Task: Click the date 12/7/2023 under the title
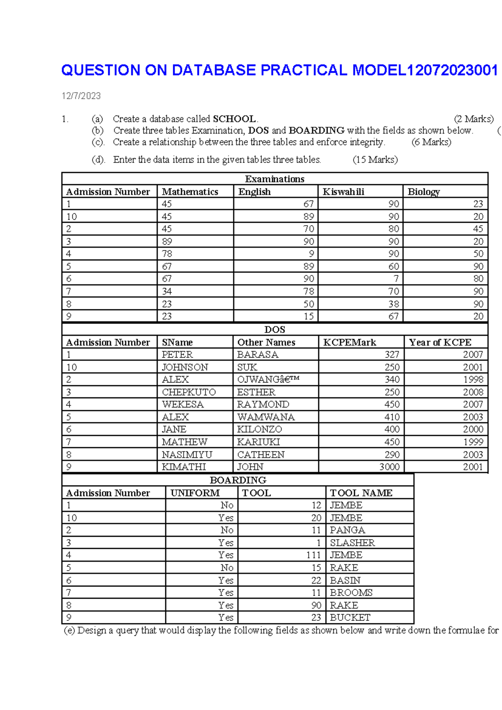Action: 81,96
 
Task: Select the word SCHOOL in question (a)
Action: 234,119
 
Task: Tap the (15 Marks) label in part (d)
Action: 375,159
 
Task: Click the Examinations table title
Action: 275,179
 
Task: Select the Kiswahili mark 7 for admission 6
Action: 396,279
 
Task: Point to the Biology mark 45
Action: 478,229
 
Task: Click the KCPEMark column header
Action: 350,342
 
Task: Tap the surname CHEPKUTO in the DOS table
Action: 189,392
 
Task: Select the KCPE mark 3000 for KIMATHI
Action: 389,467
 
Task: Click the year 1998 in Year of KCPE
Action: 473,380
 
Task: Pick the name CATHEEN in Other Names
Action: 261,455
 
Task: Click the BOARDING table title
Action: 238,480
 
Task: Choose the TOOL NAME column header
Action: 361,493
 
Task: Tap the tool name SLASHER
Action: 352,543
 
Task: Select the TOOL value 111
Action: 313,555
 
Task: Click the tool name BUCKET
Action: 350,617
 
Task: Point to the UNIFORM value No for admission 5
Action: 227,568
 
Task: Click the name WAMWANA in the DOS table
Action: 266,417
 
